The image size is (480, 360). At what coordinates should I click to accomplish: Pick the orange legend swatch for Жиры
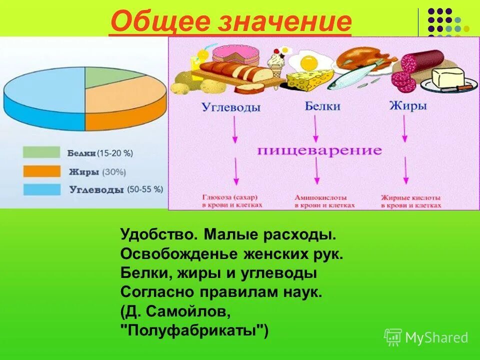click(x=41, y=171)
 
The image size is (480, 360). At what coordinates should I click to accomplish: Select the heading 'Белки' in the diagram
click(x=322, y=106)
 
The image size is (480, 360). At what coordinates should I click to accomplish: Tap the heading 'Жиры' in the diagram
click(x=407, y=106)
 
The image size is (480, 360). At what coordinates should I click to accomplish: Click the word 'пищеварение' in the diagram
click(x=320, y=150)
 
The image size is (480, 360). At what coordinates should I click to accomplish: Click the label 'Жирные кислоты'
click(x=411, y=197)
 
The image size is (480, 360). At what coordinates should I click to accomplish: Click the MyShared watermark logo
click(x=426, y=337)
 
